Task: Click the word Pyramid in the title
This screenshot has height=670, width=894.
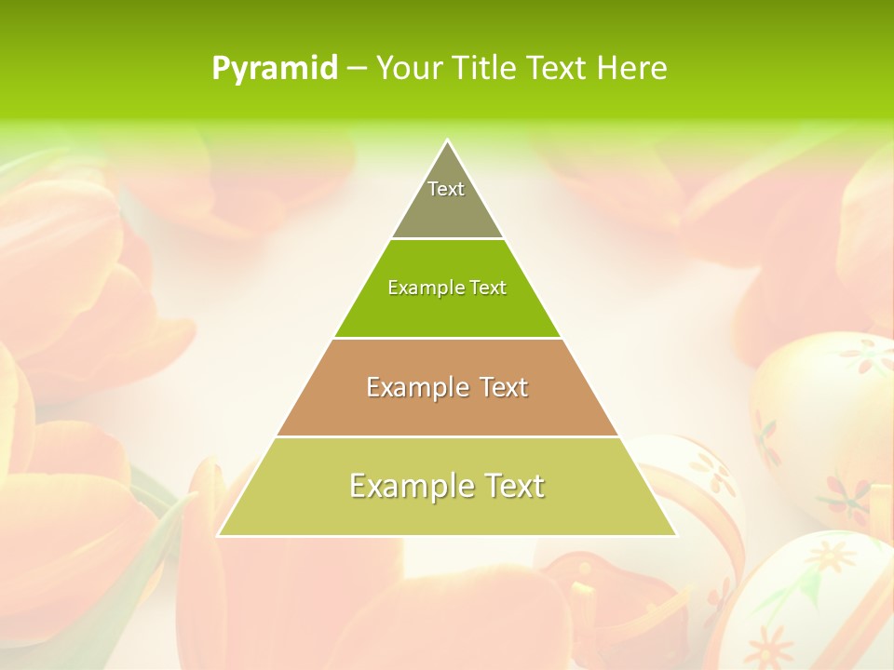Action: (x=275, y=68)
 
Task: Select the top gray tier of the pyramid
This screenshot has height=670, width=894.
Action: (x=447, y=209)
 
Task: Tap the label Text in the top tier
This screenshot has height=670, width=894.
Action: (x=446, y=189)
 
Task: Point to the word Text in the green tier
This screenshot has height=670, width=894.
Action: (x=489, y=288)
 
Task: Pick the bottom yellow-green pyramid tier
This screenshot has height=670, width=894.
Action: (x=447, y=512)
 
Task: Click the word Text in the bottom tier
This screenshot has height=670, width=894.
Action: (x=508, y=486)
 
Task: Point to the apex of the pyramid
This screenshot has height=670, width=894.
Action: (x=447, y=141)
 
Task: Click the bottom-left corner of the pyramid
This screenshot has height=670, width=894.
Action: (x=220, y=534)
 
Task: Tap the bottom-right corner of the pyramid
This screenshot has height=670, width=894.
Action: (x=674, y=534)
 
